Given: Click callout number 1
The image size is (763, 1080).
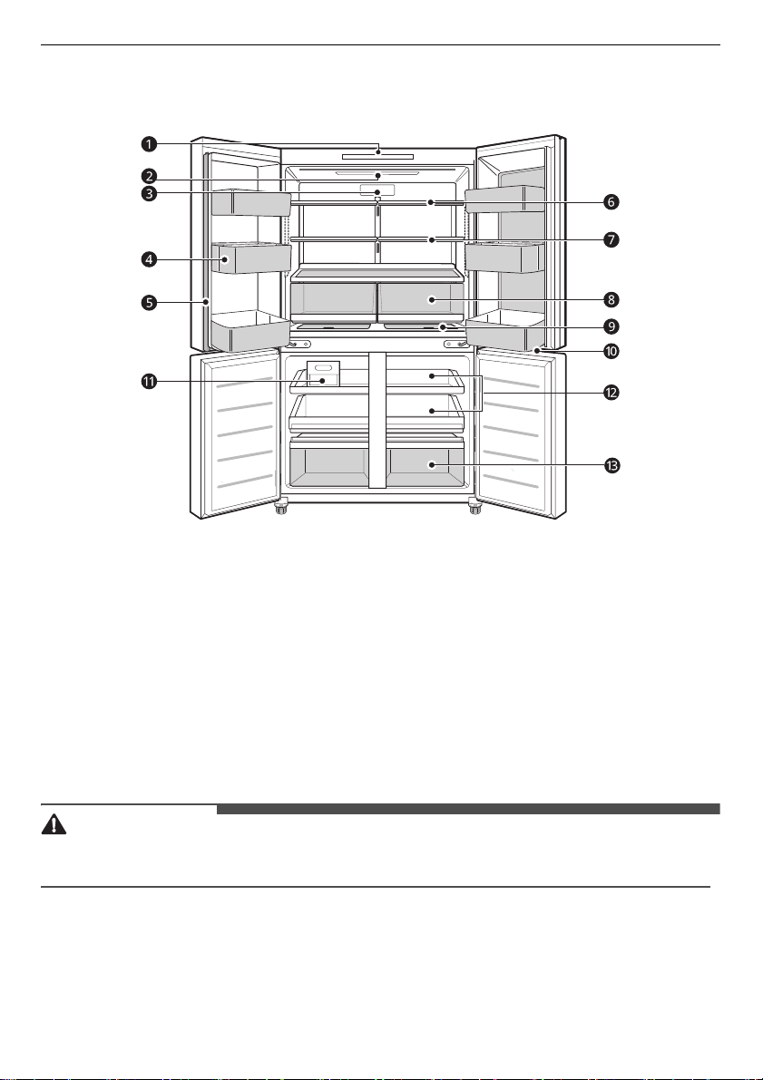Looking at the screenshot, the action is pos(149,145).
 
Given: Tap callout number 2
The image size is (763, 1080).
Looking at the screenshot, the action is pos(149,176).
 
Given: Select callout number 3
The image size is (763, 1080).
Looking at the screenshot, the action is pos(149,194).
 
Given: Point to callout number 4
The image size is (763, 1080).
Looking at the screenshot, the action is pos(149,259).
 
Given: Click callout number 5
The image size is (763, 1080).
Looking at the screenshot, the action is pos(149,302).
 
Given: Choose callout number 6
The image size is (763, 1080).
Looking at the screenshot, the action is pos(611,202).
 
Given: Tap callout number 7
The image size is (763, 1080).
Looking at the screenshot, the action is pos(611,240).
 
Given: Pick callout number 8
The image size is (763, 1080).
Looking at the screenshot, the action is pos(611,299).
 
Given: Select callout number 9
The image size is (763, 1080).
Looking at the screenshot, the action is pos(611,326).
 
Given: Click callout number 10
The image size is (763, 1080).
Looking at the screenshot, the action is pos(611,351).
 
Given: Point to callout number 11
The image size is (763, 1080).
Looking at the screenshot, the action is pos(149,381).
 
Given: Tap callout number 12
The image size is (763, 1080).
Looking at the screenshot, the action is pos(611,393).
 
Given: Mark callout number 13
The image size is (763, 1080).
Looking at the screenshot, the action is pos(611,466).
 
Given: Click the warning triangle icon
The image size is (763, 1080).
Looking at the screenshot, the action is pos(54,825).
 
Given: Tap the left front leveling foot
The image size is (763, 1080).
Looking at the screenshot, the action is pos(281,509).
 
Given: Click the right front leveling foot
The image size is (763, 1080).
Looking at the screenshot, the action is pos(474,509).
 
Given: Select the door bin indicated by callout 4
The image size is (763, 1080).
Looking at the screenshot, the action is pos(251,258).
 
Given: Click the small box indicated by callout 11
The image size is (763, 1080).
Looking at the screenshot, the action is pos(323,374).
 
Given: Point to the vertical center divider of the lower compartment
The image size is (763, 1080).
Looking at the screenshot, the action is pos(377,420).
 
